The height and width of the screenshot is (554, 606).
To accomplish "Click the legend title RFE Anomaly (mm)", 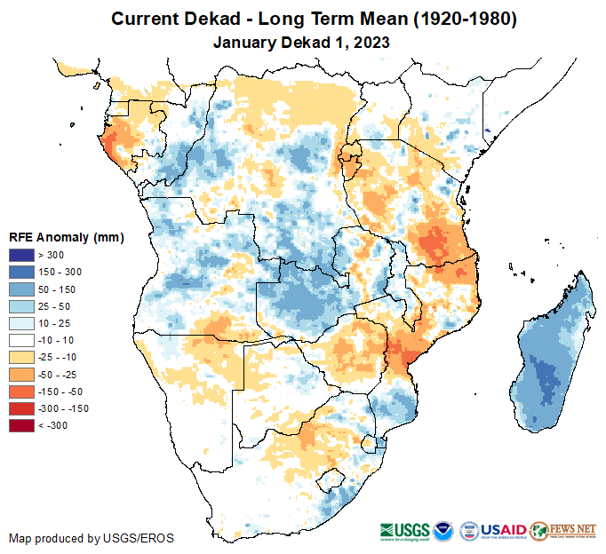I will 67,238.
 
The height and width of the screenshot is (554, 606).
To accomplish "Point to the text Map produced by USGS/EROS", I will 92,538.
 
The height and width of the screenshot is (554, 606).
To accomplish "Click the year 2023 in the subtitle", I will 372,42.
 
